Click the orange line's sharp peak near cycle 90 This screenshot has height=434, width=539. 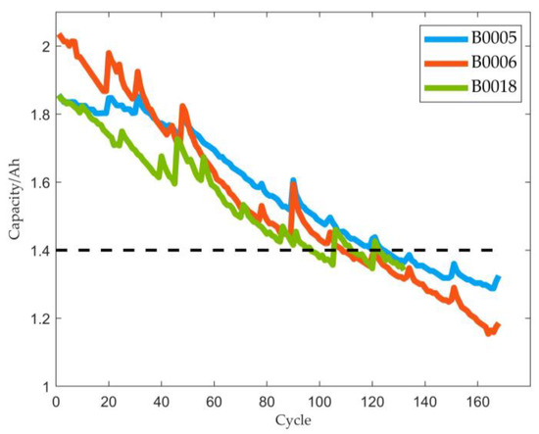[293, 184]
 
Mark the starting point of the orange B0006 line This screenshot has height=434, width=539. [60, 36]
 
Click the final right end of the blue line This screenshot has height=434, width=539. [499, 278]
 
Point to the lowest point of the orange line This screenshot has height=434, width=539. [488, 333]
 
